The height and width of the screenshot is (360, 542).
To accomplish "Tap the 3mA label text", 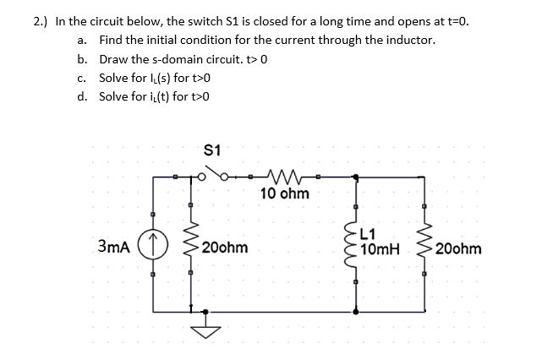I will [114, 248].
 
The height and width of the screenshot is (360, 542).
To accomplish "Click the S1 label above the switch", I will [213, 150].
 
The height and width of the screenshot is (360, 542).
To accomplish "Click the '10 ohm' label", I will [285, 194].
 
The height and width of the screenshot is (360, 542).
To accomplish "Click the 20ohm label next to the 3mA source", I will [226, 249].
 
